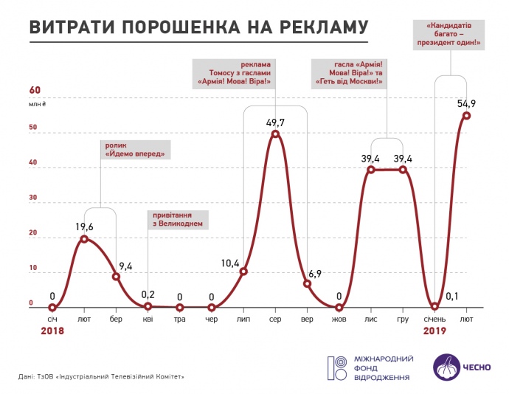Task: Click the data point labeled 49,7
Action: [275, 134]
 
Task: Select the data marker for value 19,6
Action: [85, 239]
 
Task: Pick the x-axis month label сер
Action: [275, 319]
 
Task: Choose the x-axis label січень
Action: [434, 319]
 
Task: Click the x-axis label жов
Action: [339, 319]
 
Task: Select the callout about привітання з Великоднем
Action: [177, 219]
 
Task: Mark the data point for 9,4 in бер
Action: [117, 277]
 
